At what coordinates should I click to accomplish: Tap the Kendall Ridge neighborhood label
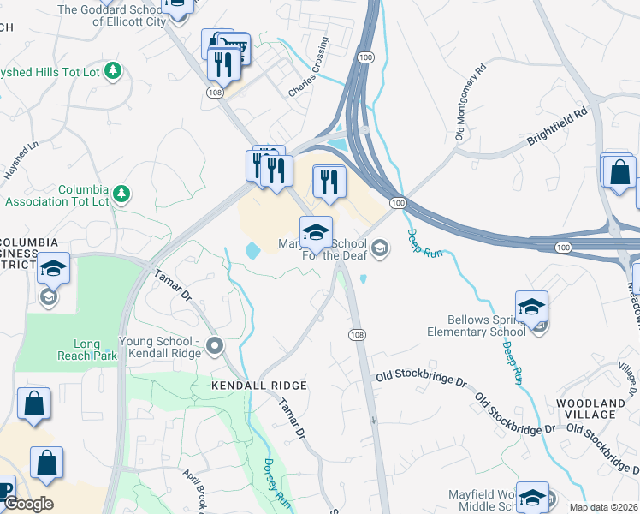[x=258, y=386]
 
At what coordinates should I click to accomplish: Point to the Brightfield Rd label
[x=557, y=124]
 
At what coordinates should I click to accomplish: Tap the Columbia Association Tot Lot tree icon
[x=122, y=192]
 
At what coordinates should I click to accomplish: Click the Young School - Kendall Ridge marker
[x=214, y=347]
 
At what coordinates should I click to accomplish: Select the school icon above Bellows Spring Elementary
[x=531, y=307]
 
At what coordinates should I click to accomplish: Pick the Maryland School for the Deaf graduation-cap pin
[x=316, y=232]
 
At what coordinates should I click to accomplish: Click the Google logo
[x=27, y=504]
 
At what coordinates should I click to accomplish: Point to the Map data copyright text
[x=601, y=506]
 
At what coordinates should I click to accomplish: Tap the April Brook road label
[x=193, y=488]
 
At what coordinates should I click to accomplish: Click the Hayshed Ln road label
[x=21, y=159]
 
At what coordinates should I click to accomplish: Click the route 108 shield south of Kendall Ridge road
[x=358, y=333]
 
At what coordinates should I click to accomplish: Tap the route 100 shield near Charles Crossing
[x=366, y=57]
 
